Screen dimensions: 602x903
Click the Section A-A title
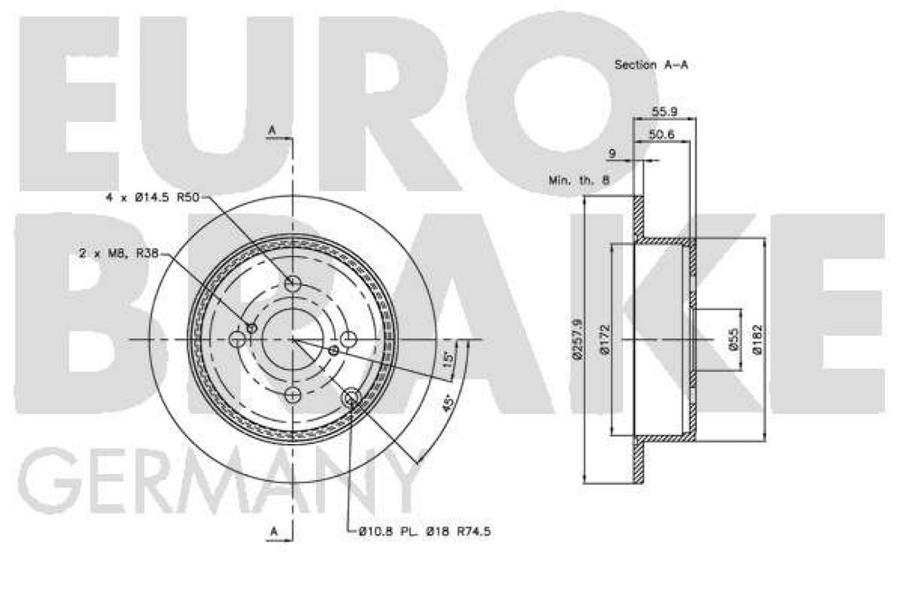(645, 65)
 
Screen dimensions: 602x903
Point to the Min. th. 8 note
(579, 181)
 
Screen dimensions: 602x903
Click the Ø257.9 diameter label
(577, 340)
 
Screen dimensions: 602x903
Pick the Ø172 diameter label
(606, 340)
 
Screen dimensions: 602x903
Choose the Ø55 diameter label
(732, 340)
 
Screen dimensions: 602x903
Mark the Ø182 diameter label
(759, 340)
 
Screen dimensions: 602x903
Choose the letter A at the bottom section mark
(272, 532)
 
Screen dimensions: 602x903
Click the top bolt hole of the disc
(293, 284)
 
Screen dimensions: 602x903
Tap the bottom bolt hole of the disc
(293, 395)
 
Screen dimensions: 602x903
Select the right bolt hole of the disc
(349, 339)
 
